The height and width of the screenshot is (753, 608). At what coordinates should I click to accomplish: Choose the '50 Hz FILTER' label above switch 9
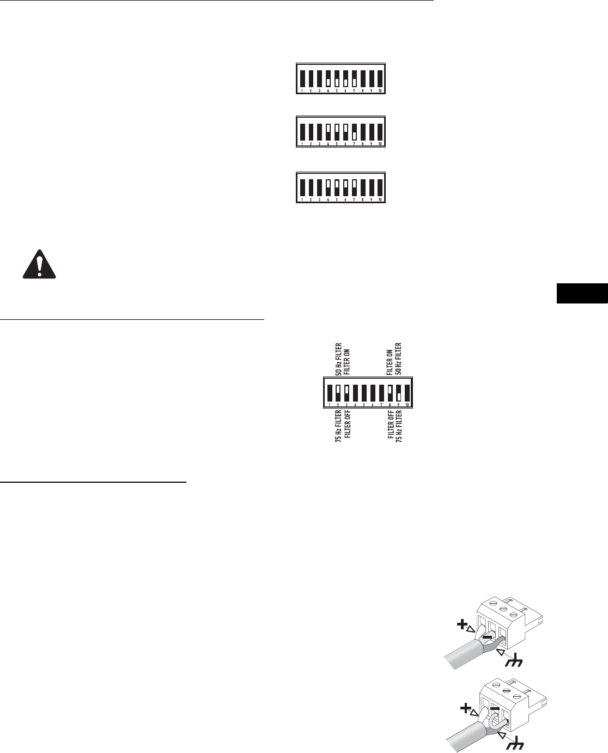(x=398, y=360)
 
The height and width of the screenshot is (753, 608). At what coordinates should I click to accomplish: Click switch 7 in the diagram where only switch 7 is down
(x=354, y=131)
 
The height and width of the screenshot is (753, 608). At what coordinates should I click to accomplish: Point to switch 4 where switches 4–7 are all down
(x=328, y=78)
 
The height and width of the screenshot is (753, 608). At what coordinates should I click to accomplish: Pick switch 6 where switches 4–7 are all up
(x=345, y=186)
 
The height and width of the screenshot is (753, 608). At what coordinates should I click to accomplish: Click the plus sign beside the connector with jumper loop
(x=465, y=709)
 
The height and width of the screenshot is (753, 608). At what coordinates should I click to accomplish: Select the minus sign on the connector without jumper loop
(x=488, y=636)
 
